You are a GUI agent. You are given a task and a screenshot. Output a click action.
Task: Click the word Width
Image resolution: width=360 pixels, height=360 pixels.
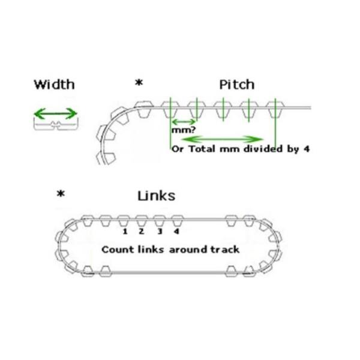[x=55, y=84]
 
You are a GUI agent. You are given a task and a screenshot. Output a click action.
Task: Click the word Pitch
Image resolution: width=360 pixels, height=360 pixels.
[x=236, y=84]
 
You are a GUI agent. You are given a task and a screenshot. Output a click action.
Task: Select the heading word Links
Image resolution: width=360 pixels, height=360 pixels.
[x=157, y=196]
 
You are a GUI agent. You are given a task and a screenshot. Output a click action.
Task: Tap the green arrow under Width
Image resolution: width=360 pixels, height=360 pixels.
[x=55, y=113]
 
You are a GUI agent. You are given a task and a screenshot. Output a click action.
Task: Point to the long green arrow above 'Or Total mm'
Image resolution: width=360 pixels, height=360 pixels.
[x=228, y=139]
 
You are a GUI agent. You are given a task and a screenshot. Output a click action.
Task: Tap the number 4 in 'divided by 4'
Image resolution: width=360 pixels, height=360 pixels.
[x=307, y=149]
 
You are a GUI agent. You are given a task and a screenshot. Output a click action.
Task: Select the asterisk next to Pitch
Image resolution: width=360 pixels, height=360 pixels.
[x=139, y=83]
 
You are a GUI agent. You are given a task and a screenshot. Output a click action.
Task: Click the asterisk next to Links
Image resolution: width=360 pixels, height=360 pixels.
[x=60, y=194]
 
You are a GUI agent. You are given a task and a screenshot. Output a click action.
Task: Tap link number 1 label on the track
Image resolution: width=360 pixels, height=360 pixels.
[x=125, y=231]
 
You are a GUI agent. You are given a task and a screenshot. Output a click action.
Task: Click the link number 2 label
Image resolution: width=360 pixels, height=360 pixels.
[x=142, y=231]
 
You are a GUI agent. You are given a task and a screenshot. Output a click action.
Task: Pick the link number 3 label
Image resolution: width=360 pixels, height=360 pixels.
[x=159, y=231]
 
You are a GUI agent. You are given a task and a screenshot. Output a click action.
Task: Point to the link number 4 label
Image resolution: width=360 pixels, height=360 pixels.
[x=176, y=231]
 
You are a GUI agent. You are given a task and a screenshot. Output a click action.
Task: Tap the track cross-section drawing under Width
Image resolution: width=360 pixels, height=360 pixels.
[x=55, y=125]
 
